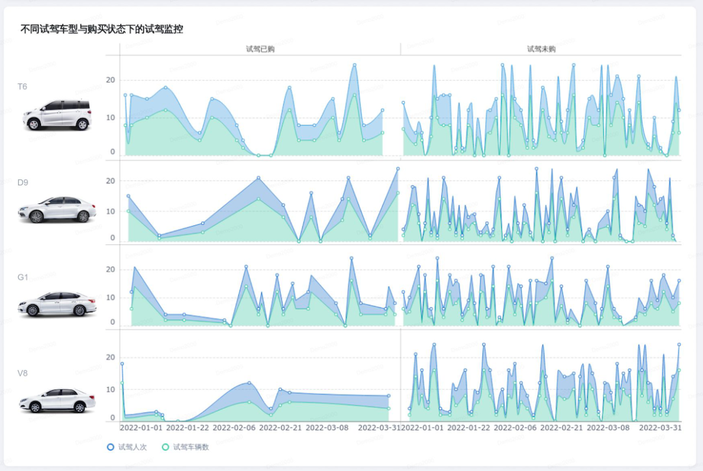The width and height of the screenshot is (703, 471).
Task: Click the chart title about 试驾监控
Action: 102,29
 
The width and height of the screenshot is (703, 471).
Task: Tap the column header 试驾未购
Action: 542,49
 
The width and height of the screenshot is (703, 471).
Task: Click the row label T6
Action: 22,87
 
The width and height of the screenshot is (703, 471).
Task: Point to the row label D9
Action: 23,182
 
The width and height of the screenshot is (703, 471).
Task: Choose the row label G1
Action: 23,278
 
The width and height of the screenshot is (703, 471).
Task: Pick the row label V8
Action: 23,373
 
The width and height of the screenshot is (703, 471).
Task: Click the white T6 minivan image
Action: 57,115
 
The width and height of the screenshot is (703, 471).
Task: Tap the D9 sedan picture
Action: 57,210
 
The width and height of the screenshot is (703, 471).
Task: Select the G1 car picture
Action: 57,304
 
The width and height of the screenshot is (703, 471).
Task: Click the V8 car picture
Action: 57,400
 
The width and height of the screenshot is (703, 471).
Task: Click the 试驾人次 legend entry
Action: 129,448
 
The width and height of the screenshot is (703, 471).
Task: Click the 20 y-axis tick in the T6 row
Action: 111,80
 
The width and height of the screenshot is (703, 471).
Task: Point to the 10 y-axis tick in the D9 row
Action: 111,211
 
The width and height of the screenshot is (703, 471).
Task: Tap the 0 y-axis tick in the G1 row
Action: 113,322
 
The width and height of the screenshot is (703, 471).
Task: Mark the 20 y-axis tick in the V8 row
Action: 111,358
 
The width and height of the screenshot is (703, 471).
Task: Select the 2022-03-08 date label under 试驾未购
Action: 609,428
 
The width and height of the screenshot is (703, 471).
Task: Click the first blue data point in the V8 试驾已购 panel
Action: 122,364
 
